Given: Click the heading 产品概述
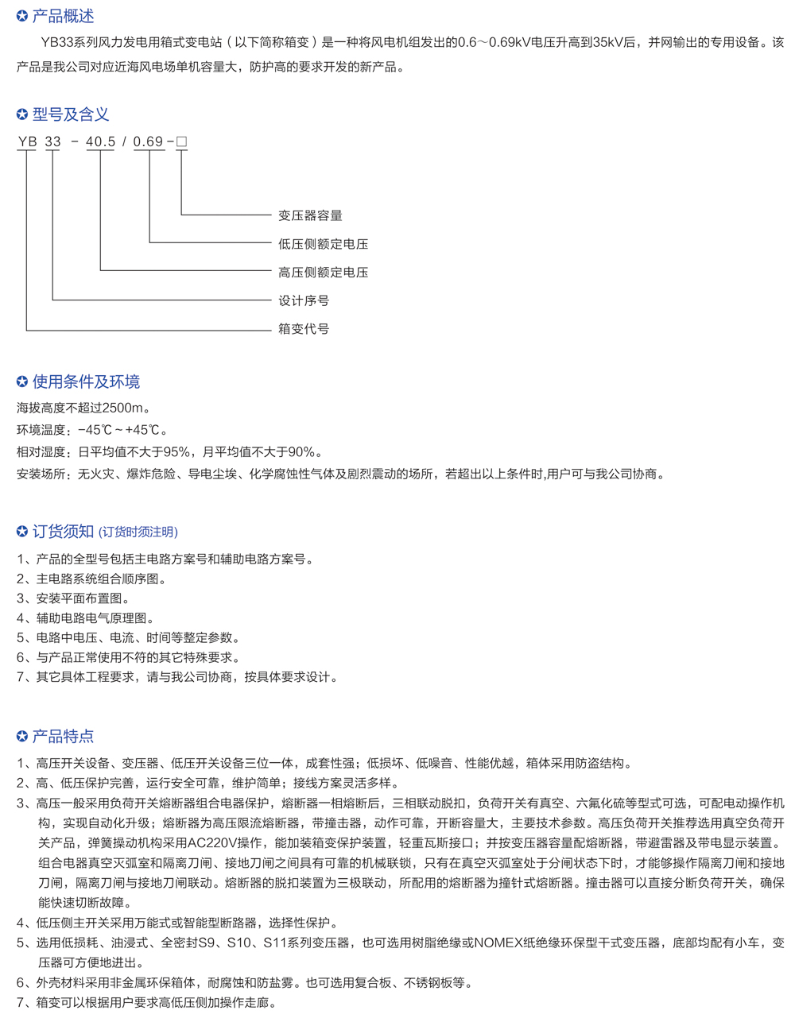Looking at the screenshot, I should coord(63,16).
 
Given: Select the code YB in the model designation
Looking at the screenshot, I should coord(27,142).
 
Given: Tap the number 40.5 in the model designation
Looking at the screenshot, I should coord(100,142).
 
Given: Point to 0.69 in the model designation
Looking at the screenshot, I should coord(148,142).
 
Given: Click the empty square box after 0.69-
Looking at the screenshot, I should coord(181,142).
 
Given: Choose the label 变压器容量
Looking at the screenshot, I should coord(310,215).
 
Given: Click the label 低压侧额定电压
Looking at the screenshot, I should coord(323,244).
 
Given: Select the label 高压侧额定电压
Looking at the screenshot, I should coord(323,273).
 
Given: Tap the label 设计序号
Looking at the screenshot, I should coord(304,300).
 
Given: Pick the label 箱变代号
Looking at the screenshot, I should coord(304,329).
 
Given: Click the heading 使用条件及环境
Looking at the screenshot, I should coord(86,381).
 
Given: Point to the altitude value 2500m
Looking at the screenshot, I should coord(125,408).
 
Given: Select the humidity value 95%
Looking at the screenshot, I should coord(176,452).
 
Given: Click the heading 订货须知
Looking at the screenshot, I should coord(63,532).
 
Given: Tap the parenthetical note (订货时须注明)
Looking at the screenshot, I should coord(138,532).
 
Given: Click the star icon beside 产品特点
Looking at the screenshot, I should coord(22,737).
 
